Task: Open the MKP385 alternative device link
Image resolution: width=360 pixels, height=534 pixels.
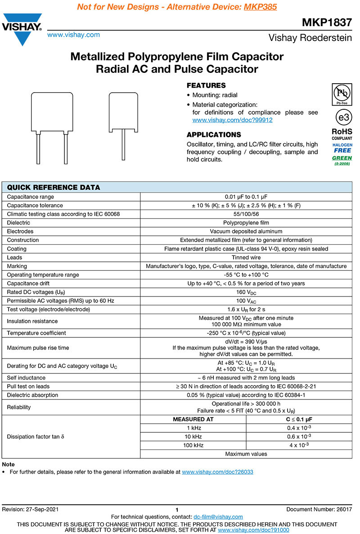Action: pos(260,7)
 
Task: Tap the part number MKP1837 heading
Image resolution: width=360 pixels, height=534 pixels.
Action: pos(327,23)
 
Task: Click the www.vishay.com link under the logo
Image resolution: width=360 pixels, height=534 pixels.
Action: pos(73,35)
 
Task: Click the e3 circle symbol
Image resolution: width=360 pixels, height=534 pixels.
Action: pos(343,117)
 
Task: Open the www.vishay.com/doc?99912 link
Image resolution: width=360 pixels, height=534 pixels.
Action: pos(232,120)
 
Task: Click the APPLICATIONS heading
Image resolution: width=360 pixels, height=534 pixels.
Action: pos(214,135)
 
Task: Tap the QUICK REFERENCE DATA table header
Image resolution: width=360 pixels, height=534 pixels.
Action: pos(54,188)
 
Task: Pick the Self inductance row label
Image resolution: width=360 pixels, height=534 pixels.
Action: pos(26,378)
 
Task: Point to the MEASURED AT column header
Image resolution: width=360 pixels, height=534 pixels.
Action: pos(193,419)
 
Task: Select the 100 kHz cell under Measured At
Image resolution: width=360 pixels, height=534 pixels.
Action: pos(193,445)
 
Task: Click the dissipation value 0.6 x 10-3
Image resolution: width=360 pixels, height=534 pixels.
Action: pos(299,437)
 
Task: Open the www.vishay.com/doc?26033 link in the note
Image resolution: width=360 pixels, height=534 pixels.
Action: pos(217,472)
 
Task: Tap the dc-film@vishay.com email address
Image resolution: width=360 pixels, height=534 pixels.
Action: pos(218,517)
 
